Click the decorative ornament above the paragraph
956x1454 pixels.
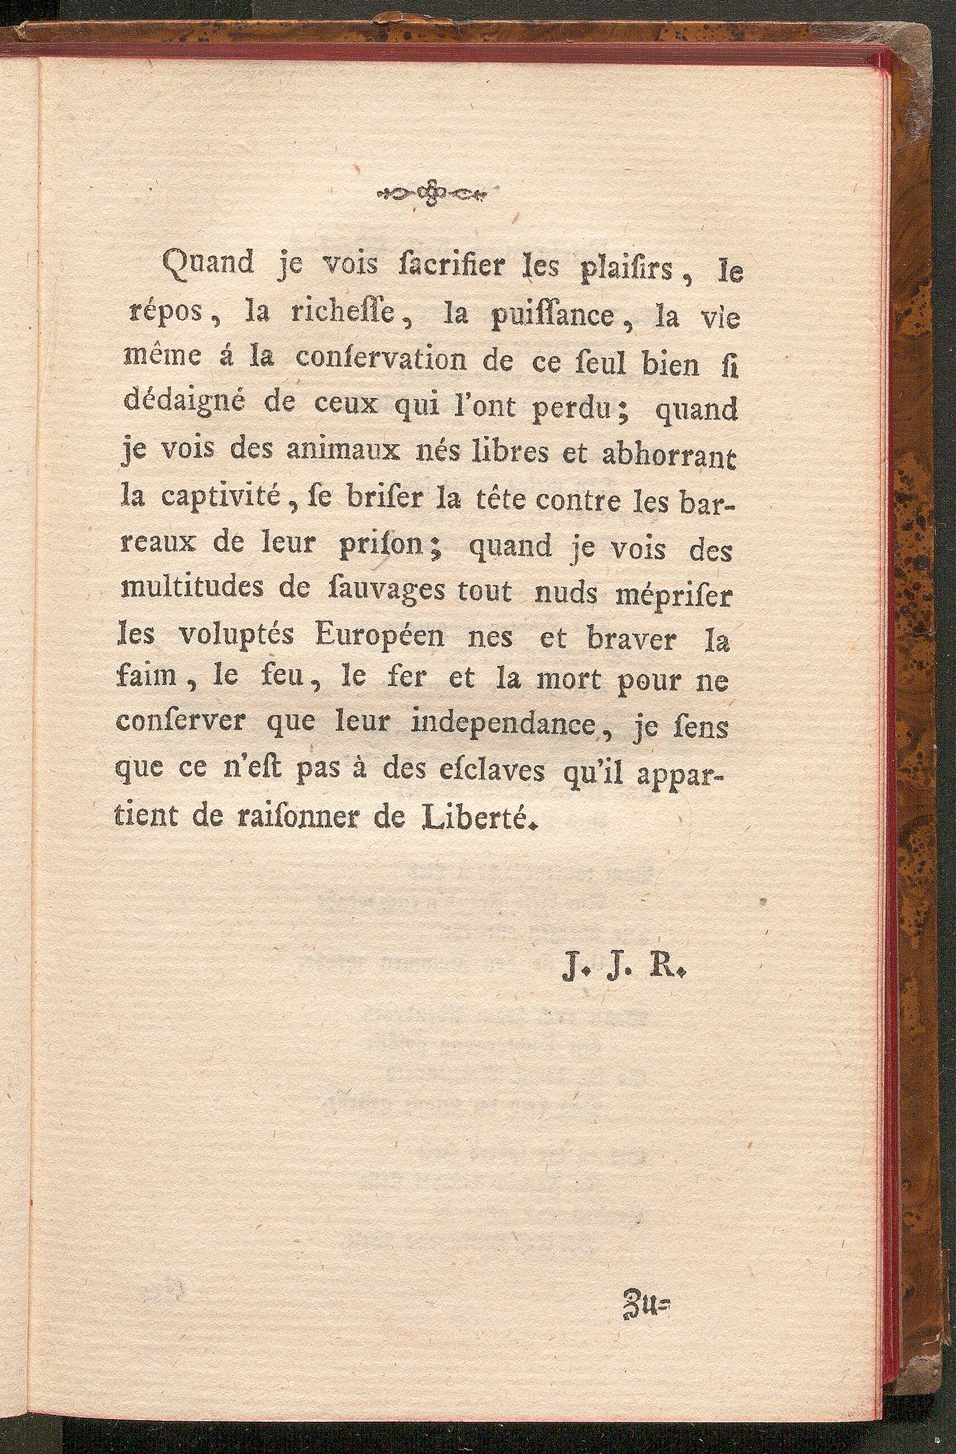point(431,194)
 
